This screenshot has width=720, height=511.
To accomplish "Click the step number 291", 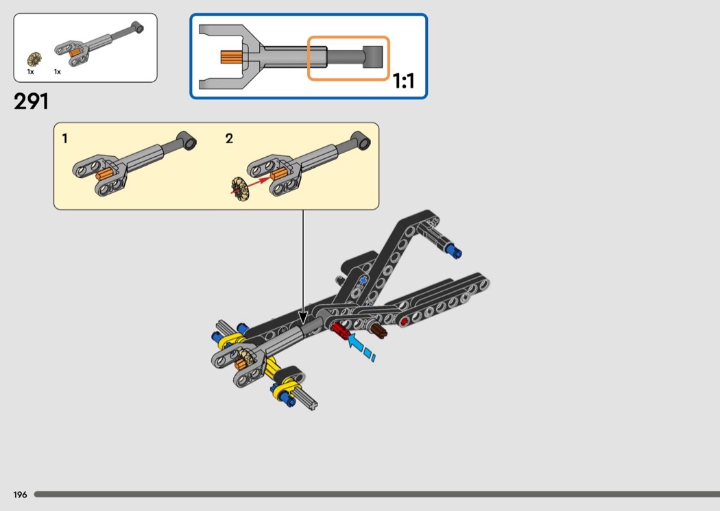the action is click(x=31, y=101).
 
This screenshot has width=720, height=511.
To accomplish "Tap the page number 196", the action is click(x=20, y=495).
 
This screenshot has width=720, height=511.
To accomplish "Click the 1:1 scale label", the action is click(x=404, y=82).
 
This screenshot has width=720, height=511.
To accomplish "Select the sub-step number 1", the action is click(x=64, y=138).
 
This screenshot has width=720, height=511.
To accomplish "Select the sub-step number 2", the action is click(x=229, y=138).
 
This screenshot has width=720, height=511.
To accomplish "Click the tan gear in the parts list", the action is click(x=34, y=59).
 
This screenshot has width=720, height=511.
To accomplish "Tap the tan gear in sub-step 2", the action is click(x=241, y=189).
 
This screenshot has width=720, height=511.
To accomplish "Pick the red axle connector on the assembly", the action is click(x=340, y=329).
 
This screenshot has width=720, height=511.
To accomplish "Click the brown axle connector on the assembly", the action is click(x=379, y=329).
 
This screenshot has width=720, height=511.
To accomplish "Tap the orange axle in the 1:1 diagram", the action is click(x=231, y=58).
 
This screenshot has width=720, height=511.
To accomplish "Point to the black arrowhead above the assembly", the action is click(x=302, y=317).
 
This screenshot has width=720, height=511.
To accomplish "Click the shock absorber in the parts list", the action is click(x=99, y=44).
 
